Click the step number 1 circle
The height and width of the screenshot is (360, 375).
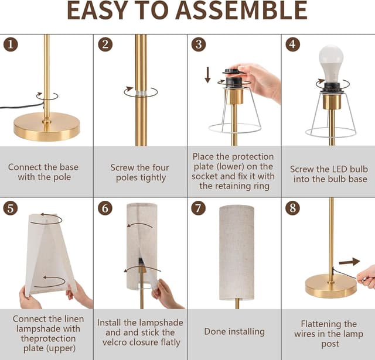coord(11,44)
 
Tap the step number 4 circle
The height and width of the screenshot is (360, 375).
coord(293,44)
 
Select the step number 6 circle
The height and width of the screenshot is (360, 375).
coord(105,208)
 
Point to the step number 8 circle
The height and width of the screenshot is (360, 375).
coord(293,208)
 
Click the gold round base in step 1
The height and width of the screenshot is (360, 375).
coord(47,127)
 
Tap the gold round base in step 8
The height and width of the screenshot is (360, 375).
coord(330,286)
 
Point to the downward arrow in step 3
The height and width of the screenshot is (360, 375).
coord(207,75)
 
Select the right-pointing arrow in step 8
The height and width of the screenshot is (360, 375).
coord(349,262)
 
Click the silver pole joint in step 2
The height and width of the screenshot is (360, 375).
coord(141,93)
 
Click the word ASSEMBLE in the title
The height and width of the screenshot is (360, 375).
coord(241,11)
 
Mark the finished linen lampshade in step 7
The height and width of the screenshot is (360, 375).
coord(237,252)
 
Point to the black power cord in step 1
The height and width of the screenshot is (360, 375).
coord(22,106)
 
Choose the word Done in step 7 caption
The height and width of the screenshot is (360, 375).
coord(213,331)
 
